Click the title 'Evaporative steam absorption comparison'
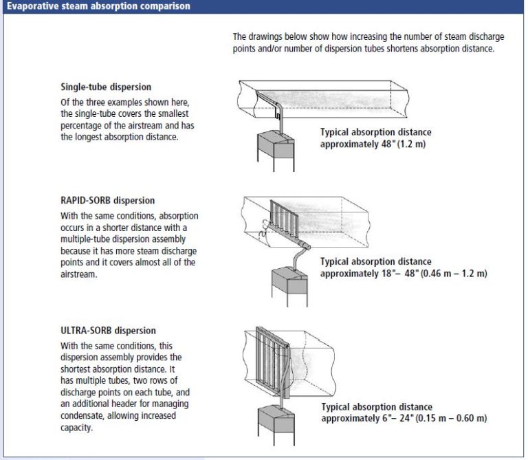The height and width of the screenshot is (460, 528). tap(96, 6)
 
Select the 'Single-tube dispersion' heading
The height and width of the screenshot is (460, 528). tap(106, 87)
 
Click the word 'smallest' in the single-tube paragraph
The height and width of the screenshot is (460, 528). tap(181, 112)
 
